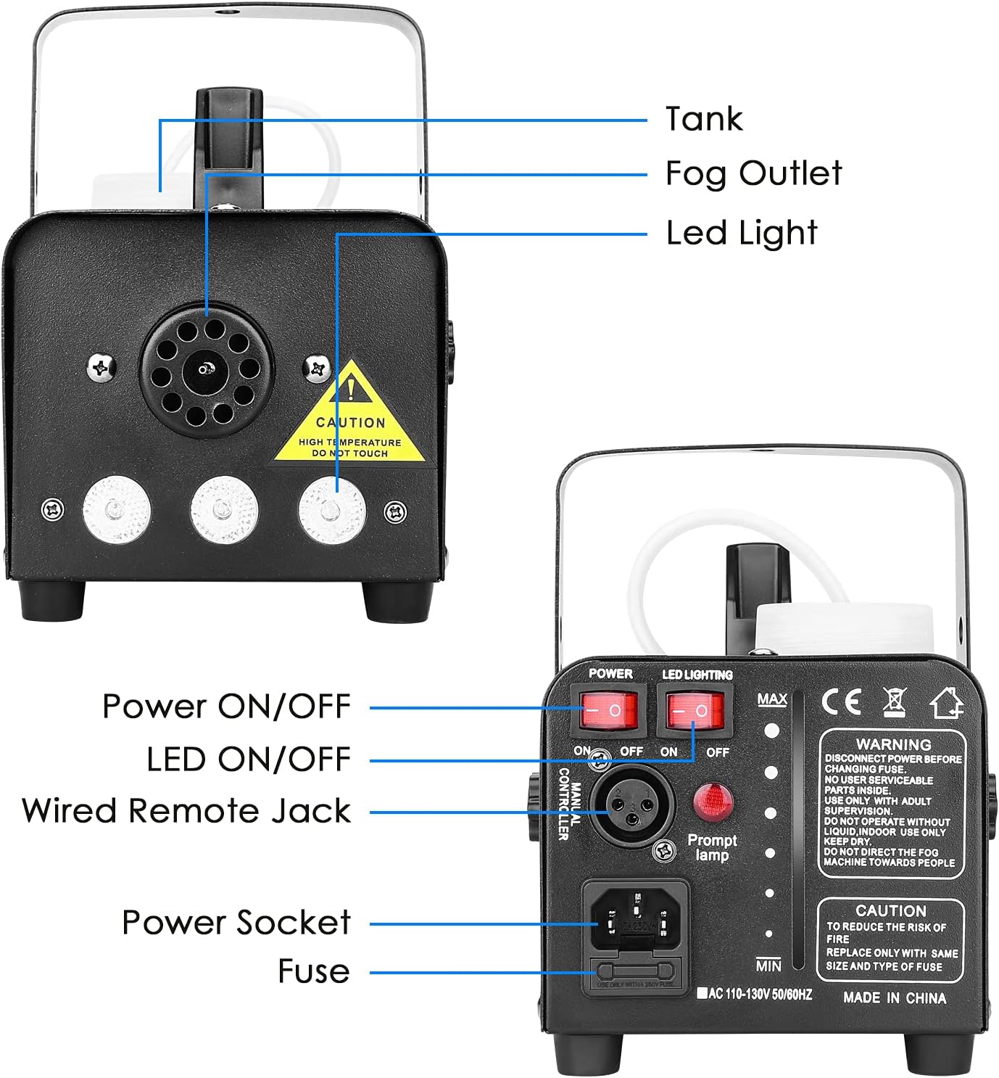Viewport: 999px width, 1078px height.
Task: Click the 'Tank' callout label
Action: point(704,119)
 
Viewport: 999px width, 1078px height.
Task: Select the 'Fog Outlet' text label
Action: point(753,174)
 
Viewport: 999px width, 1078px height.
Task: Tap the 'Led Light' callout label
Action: point(742,234)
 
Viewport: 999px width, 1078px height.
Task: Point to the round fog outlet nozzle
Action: point(207,371)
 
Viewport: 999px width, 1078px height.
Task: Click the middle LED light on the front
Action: point(224,509)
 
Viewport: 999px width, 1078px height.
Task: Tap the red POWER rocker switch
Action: point(608,710)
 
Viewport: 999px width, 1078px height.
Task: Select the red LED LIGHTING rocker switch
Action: point(695,710)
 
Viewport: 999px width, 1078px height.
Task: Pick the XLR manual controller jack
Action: point(631,804)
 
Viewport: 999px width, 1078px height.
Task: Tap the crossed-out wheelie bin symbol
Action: point(895,702)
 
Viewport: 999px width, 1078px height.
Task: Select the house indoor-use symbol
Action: point(946,702)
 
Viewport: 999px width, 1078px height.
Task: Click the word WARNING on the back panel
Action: point(893,744)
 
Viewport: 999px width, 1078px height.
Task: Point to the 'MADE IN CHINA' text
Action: point(895,998)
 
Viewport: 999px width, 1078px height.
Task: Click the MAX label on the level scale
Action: point(772,699)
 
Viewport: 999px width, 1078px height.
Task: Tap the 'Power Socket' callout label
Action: point(236,923)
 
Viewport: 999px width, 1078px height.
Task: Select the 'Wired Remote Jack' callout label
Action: point(186,811)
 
